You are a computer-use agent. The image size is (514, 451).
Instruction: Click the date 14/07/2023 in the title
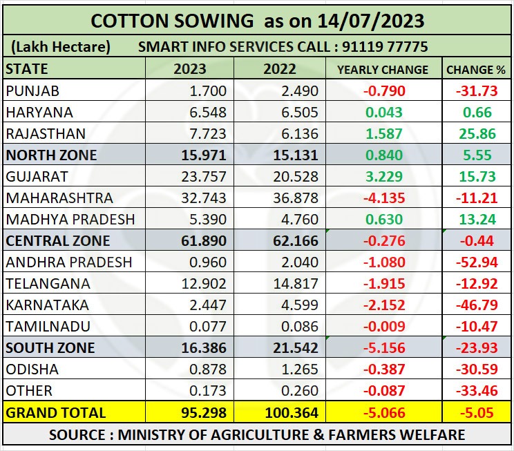click(371, 21)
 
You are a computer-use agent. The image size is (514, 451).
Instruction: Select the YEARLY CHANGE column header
click(382, 70)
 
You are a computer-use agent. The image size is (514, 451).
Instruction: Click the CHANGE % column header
click(476, 70)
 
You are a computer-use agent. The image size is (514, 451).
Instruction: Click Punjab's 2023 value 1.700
click(209, 90)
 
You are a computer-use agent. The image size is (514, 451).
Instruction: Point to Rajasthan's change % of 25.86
click(476, 133)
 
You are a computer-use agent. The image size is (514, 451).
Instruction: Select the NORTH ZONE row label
click(51, 155)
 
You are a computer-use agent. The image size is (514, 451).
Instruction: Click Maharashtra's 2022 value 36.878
click(294, 198)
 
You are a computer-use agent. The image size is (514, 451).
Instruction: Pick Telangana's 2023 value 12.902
click(203, 284)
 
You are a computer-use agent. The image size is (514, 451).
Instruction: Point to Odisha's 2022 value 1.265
click(299, 370)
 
